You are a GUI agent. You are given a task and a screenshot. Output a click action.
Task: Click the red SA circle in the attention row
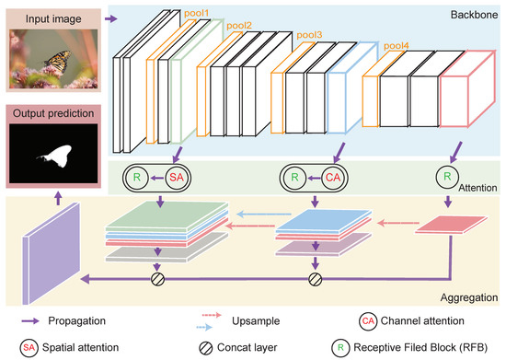177,178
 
